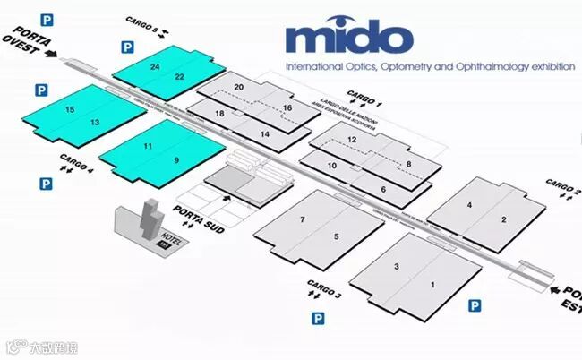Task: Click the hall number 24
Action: coord(156,67)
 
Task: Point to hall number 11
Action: coord(148,146)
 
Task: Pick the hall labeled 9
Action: coord(176,159)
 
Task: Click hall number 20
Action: coord(239,87)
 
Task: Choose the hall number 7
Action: coord(303,220)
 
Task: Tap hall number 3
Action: coord(397,267)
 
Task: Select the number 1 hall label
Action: coord(433,285)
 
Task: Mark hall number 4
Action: coord(469,205)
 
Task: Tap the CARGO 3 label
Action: coord(324,289)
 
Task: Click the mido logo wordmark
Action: coord(349,39)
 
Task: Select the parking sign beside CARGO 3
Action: coord(316,318)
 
